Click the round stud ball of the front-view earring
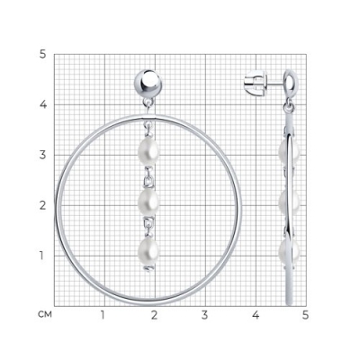(148, 84)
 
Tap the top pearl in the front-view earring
(148, 152)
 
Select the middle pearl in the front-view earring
(148, 202)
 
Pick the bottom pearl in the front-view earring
(148, 251)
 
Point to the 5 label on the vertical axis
(43, 55)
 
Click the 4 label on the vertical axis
(43, 105)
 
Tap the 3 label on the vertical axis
(43, 156)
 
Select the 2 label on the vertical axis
(43, 206)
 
